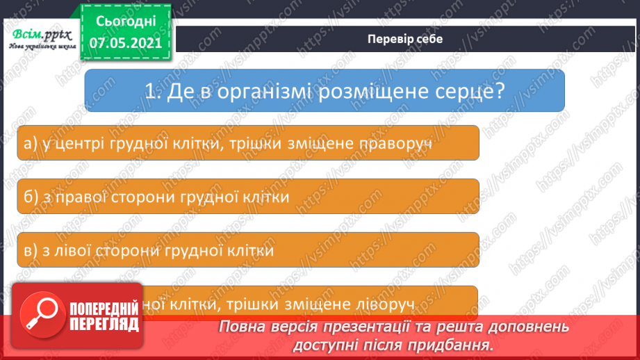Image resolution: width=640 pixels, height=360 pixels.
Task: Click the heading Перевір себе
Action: (x=404, y=39)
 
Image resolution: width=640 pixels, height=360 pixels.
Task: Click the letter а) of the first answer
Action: (x=30, y=144)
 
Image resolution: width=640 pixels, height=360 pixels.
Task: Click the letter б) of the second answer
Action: (x=30, y=197)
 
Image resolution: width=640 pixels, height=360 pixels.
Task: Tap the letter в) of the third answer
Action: (x=29, y=250)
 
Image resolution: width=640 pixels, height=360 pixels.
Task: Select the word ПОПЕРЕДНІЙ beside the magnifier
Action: (x=105, y=310)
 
